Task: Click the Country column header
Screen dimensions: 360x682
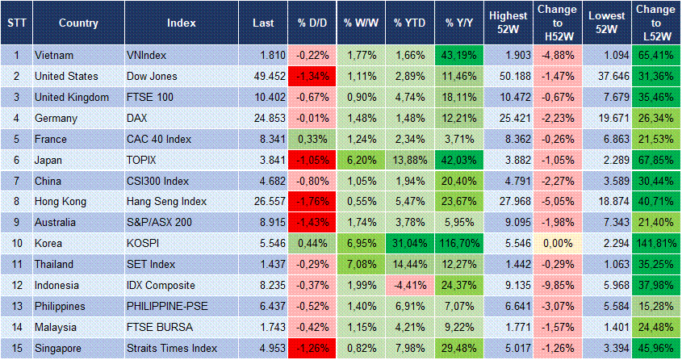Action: coord(78,23)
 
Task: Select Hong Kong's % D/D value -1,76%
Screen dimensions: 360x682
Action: coord(311,202)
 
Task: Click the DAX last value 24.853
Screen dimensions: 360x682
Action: coord(263,118)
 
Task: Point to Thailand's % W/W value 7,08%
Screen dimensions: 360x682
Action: coord(359,265)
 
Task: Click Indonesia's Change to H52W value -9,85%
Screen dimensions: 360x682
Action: coord(558,286)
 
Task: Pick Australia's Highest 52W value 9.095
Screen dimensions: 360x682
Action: coord(507,223)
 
